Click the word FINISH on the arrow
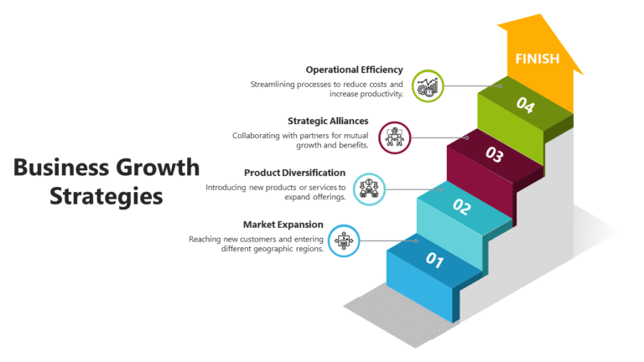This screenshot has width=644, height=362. (x=538, y=58)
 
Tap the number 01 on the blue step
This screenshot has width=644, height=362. (x=434, y=260)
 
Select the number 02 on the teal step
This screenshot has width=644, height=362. (x=462, y=205)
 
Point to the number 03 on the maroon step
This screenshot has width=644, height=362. (x=494, y=155)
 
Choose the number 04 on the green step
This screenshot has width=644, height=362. (x=525, y=105)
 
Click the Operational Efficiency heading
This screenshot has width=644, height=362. (x=355, y=70)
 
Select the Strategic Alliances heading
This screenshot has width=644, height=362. (x=328, y=121)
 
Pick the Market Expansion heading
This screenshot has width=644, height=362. (x=283, y=224)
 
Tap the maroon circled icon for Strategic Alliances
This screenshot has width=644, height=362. (x=395, y=137)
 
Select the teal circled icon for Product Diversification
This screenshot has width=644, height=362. (x=369, y=189)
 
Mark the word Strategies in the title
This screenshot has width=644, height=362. (x=106, y=197)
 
